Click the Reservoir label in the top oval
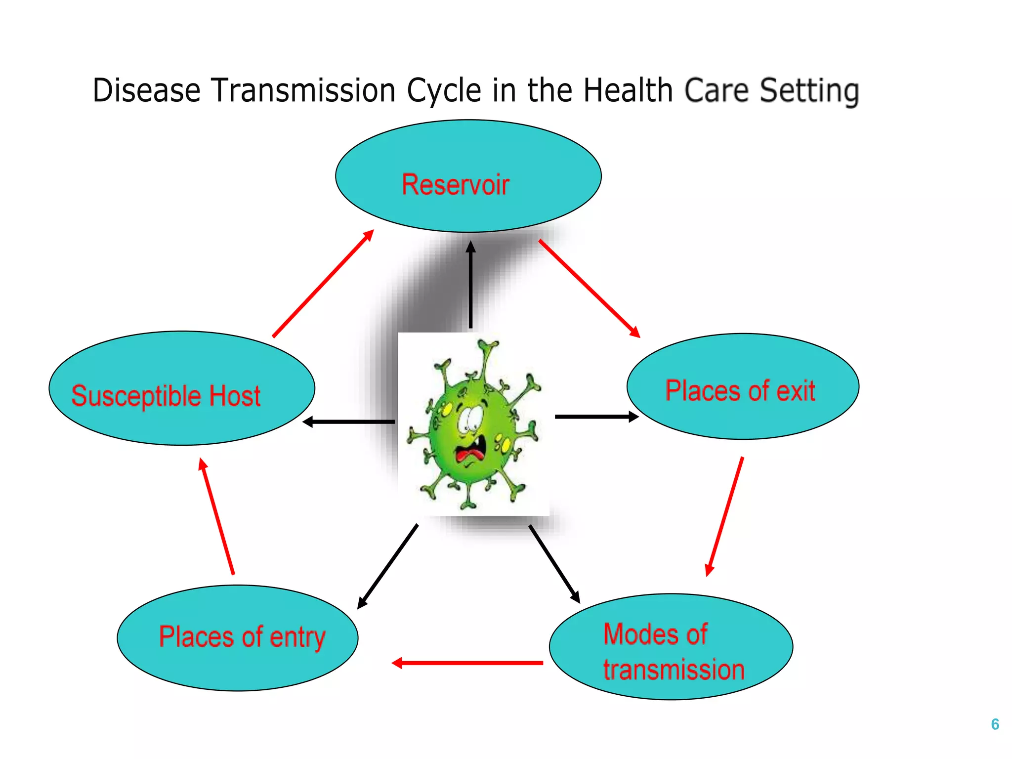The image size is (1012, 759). pyautogui.click(x=455, y=185)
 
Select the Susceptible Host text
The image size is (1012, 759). pyautogui.click(x=166, y=396)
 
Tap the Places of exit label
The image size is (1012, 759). pyautogui.click(x=740, y=391)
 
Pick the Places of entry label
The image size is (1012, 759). pyautogui.click(x=242, y=636)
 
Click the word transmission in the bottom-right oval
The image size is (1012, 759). pyautogui.click(x=674, y=670)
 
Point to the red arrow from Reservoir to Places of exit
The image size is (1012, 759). pyautogui.click(x=589, y=288)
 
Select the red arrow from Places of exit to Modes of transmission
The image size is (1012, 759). pyautogui.click(x=725, y=516)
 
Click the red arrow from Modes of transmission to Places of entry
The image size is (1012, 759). pyautogui.click(x=467, y=663)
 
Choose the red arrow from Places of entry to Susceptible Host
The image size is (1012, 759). pyautogui.click(x=216, y=516)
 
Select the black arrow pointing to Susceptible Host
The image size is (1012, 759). pyautogui.click(x=349, y=422)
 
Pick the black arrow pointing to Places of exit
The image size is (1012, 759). pyautogui.click(x=596, y=417)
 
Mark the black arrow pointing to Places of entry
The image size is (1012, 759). pyautogui.click(x=388, y=566)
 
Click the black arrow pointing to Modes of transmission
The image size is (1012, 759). pyautogui.click(x=554, y=564)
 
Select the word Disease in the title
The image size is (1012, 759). pyautogui.click(x=147, y=91)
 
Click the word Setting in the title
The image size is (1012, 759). pyautogui.click(x=809, y=91)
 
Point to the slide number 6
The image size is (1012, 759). pyautogui.click(x=995, y=724)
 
